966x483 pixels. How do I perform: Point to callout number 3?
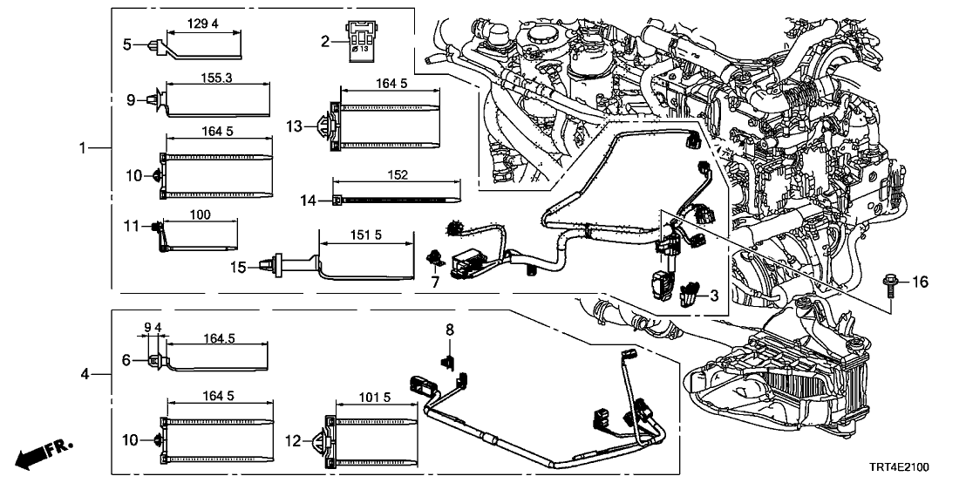click(x=713, y=296)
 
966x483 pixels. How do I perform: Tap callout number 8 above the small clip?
click(x=450, y=330)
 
